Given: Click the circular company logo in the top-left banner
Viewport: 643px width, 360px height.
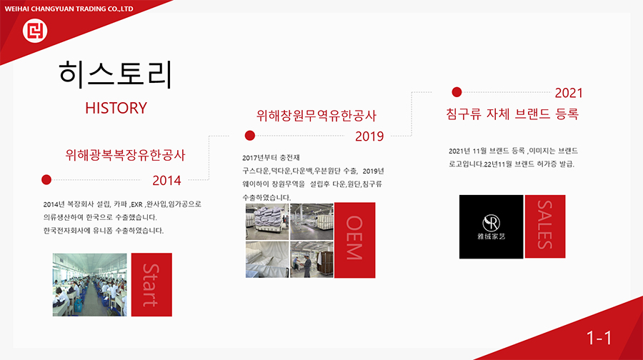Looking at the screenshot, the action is point(35,30).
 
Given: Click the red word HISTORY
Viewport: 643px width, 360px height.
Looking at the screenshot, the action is point(116,109).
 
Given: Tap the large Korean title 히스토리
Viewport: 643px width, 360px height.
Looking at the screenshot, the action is point(116,74).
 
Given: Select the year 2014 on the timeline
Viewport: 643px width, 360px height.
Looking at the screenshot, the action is point(166,181).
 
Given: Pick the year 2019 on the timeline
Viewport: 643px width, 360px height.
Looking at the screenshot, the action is point(369,136).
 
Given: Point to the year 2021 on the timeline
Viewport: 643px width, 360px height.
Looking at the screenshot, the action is point(569,93).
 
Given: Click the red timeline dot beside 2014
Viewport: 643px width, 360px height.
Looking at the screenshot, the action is point(46,179).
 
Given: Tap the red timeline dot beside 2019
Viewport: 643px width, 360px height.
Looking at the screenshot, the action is point(250,135).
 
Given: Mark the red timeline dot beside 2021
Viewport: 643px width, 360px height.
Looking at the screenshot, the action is point(457,92).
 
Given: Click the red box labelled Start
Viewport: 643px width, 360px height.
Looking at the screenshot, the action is point(151,284).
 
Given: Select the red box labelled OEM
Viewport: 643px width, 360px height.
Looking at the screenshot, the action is point(354,240).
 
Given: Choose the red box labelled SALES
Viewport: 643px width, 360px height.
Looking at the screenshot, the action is point(545,226).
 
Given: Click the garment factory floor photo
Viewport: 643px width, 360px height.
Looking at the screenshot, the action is point(90,284).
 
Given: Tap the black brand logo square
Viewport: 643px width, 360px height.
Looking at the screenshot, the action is point(492,226).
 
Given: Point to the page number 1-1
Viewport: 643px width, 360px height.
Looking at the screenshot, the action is point(599,339).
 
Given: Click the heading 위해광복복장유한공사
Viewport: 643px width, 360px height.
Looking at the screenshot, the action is point(126,155).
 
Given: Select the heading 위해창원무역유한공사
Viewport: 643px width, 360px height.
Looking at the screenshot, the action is point(316,116).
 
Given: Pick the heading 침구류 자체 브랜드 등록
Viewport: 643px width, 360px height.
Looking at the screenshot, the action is point(512,114).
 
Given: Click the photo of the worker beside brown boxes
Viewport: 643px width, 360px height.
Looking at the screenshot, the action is point(311,259).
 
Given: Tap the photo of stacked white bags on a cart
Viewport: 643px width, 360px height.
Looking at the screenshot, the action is point(267,221).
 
